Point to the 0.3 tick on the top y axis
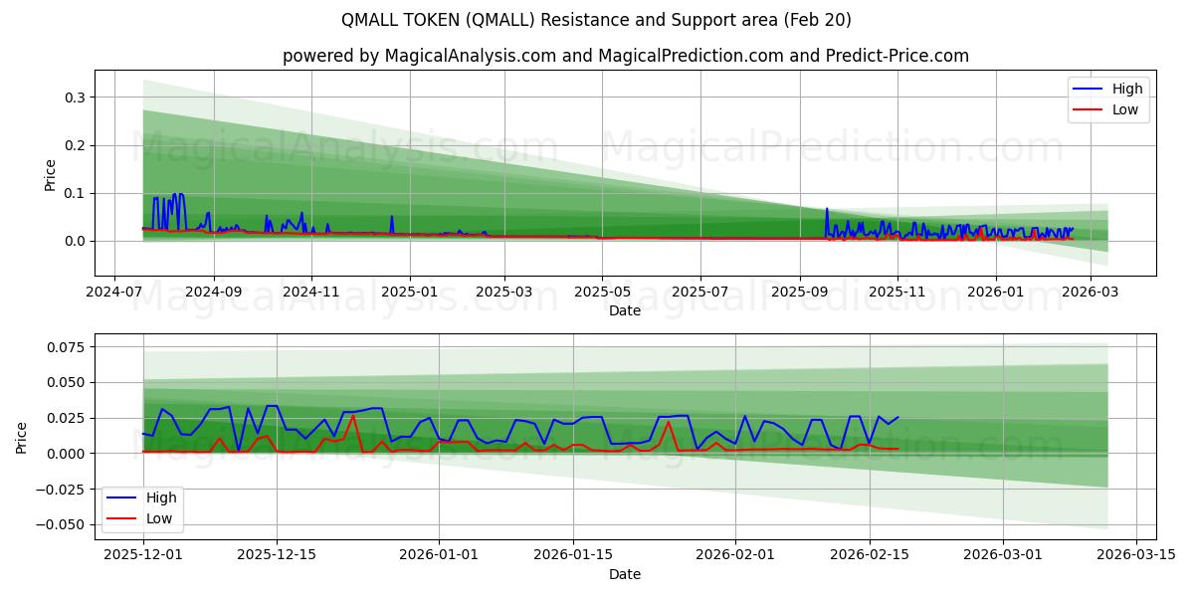point(76,98)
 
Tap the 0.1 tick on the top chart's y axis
point(76,193)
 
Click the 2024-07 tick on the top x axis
point(115,294)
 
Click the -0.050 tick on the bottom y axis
point(64,524)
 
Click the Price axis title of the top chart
point(51,174)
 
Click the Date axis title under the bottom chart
point(625,574)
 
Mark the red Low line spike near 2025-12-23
point(352,416)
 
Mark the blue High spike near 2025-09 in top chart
point(827,209)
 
